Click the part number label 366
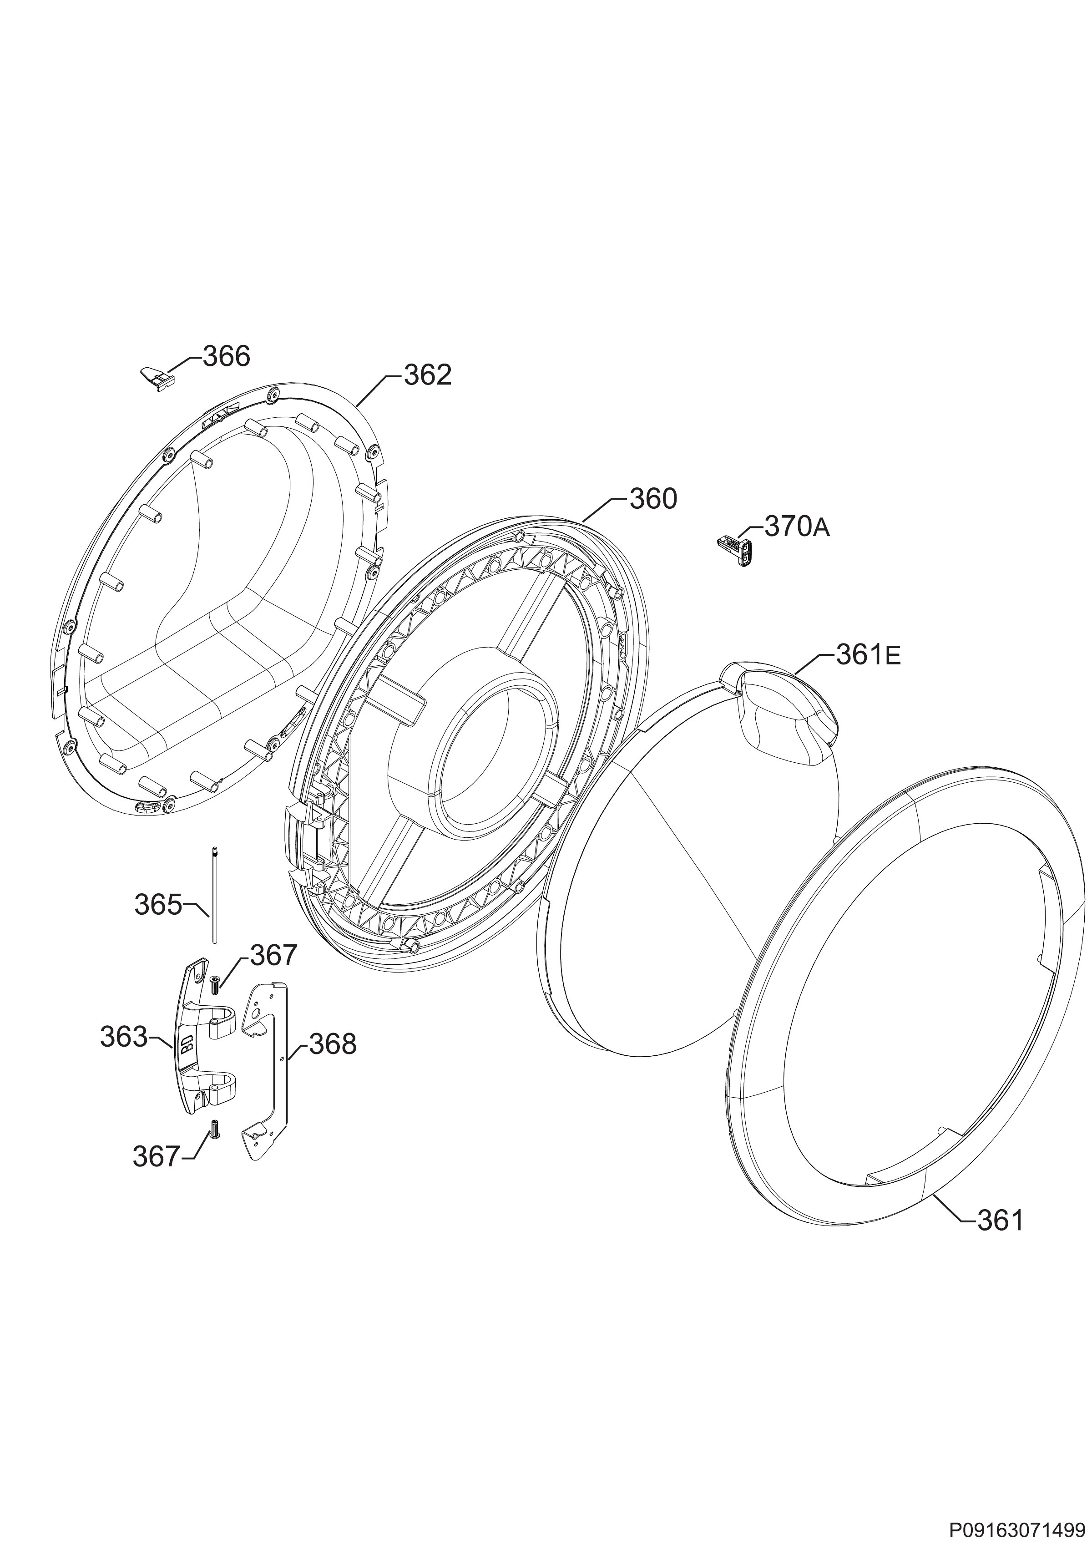coord(226,357)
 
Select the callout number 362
coord(428,375)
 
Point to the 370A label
coord(797,527)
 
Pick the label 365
coord(158,905)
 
